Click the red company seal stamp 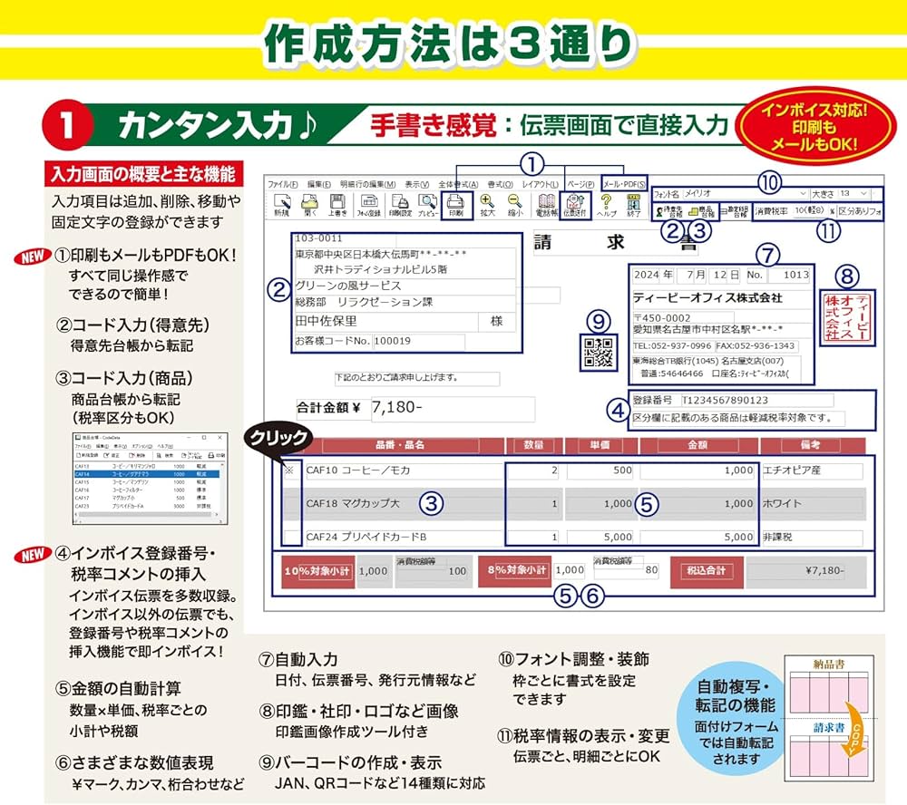pos(844,315)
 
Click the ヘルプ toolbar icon pos(607,206)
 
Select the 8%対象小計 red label pos(513,570)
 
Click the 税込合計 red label pos(707,571)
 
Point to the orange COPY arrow pos(851,729)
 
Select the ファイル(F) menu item pos(282,183)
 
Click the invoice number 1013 pos(795,275)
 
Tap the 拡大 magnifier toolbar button pos(487,206)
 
